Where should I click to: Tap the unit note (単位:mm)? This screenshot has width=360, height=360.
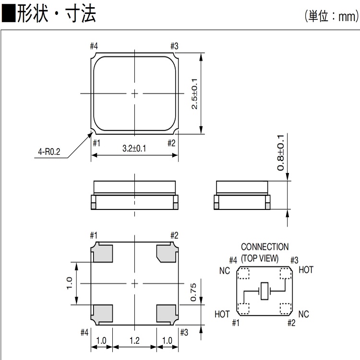click(x=331, y=17)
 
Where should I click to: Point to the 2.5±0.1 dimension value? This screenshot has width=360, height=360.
click(x=195, y=93)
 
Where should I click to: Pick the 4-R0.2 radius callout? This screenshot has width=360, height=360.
click(x=49, y=153)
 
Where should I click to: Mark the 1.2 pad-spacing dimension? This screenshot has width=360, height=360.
click(x=134, y=341)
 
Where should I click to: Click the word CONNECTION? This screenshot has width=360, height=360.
click(x=264, y=247)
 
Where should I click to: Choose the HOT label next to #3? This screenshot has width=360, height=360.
click(x=306, y=270)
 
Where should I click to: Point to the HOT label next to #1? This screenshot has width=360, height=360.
click(x=222, y=314)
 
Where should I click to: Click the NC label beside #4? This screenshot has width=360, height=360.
click(x=225, y=271)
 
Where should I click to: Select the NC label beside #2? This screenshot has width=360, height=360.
click(x=303, y=314)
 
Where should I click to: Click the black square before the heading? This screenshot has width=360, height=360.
click(x=8, y=15)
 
